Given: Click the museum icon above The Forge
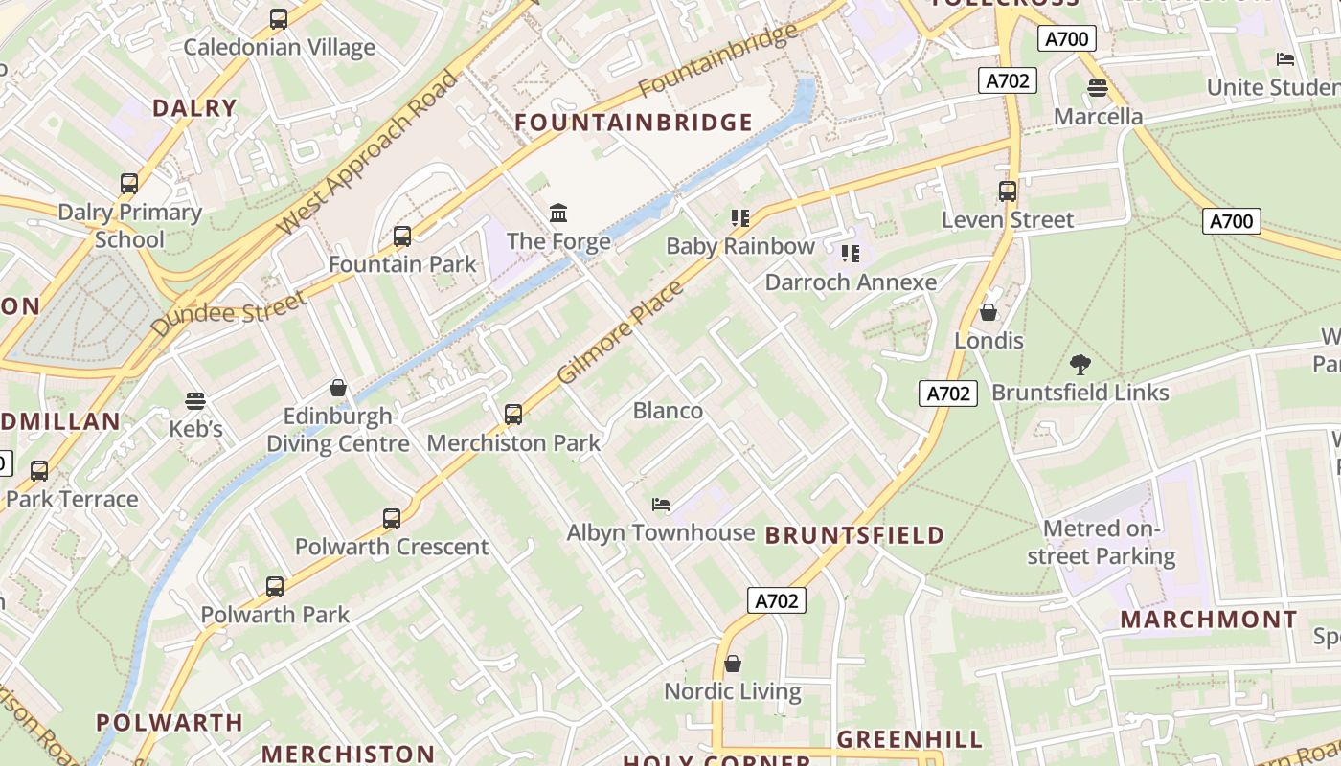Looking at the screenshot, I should [557, 212].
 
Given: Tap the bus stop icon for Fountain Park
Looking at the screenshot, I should [402, 236].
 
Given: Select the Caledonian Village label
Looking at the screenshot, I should [279, 47].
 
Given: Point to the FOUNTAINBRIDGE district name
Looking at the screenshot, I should [634, 123].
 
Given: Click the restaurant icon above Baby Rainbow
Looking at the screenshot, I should [739, 218].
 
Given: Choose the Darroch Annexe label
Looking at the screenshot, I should [851, 282].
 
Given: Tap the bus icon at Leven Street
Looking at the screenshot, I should [1007, 191].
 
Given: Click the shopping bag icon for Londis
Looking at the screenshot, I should [989, 312].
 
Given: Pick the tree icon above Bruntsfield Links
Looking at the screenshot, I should [1080, 364].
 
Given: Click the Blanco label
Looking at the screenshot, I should [668, 411].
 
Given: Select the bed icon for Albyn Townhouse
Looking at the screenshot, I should [661, 504].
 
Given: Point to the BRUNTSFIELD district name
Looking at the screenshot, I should [855, 535].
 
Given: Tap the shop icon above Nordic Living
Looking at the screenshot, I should [733, 664].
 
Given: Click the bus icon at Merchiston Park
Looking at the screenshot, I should [513, 415].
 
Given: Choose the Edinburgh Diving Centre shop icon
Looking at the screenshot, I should [337, 388].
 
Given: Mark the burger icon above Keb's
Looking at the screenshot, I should [195, 400].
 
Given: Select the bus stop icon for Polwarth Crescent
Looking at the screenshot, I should [392, 519].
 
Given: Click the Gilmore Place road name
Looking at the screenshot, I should [620, 332].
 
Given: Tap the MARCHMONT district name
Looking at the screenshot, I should [1209, 620].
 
